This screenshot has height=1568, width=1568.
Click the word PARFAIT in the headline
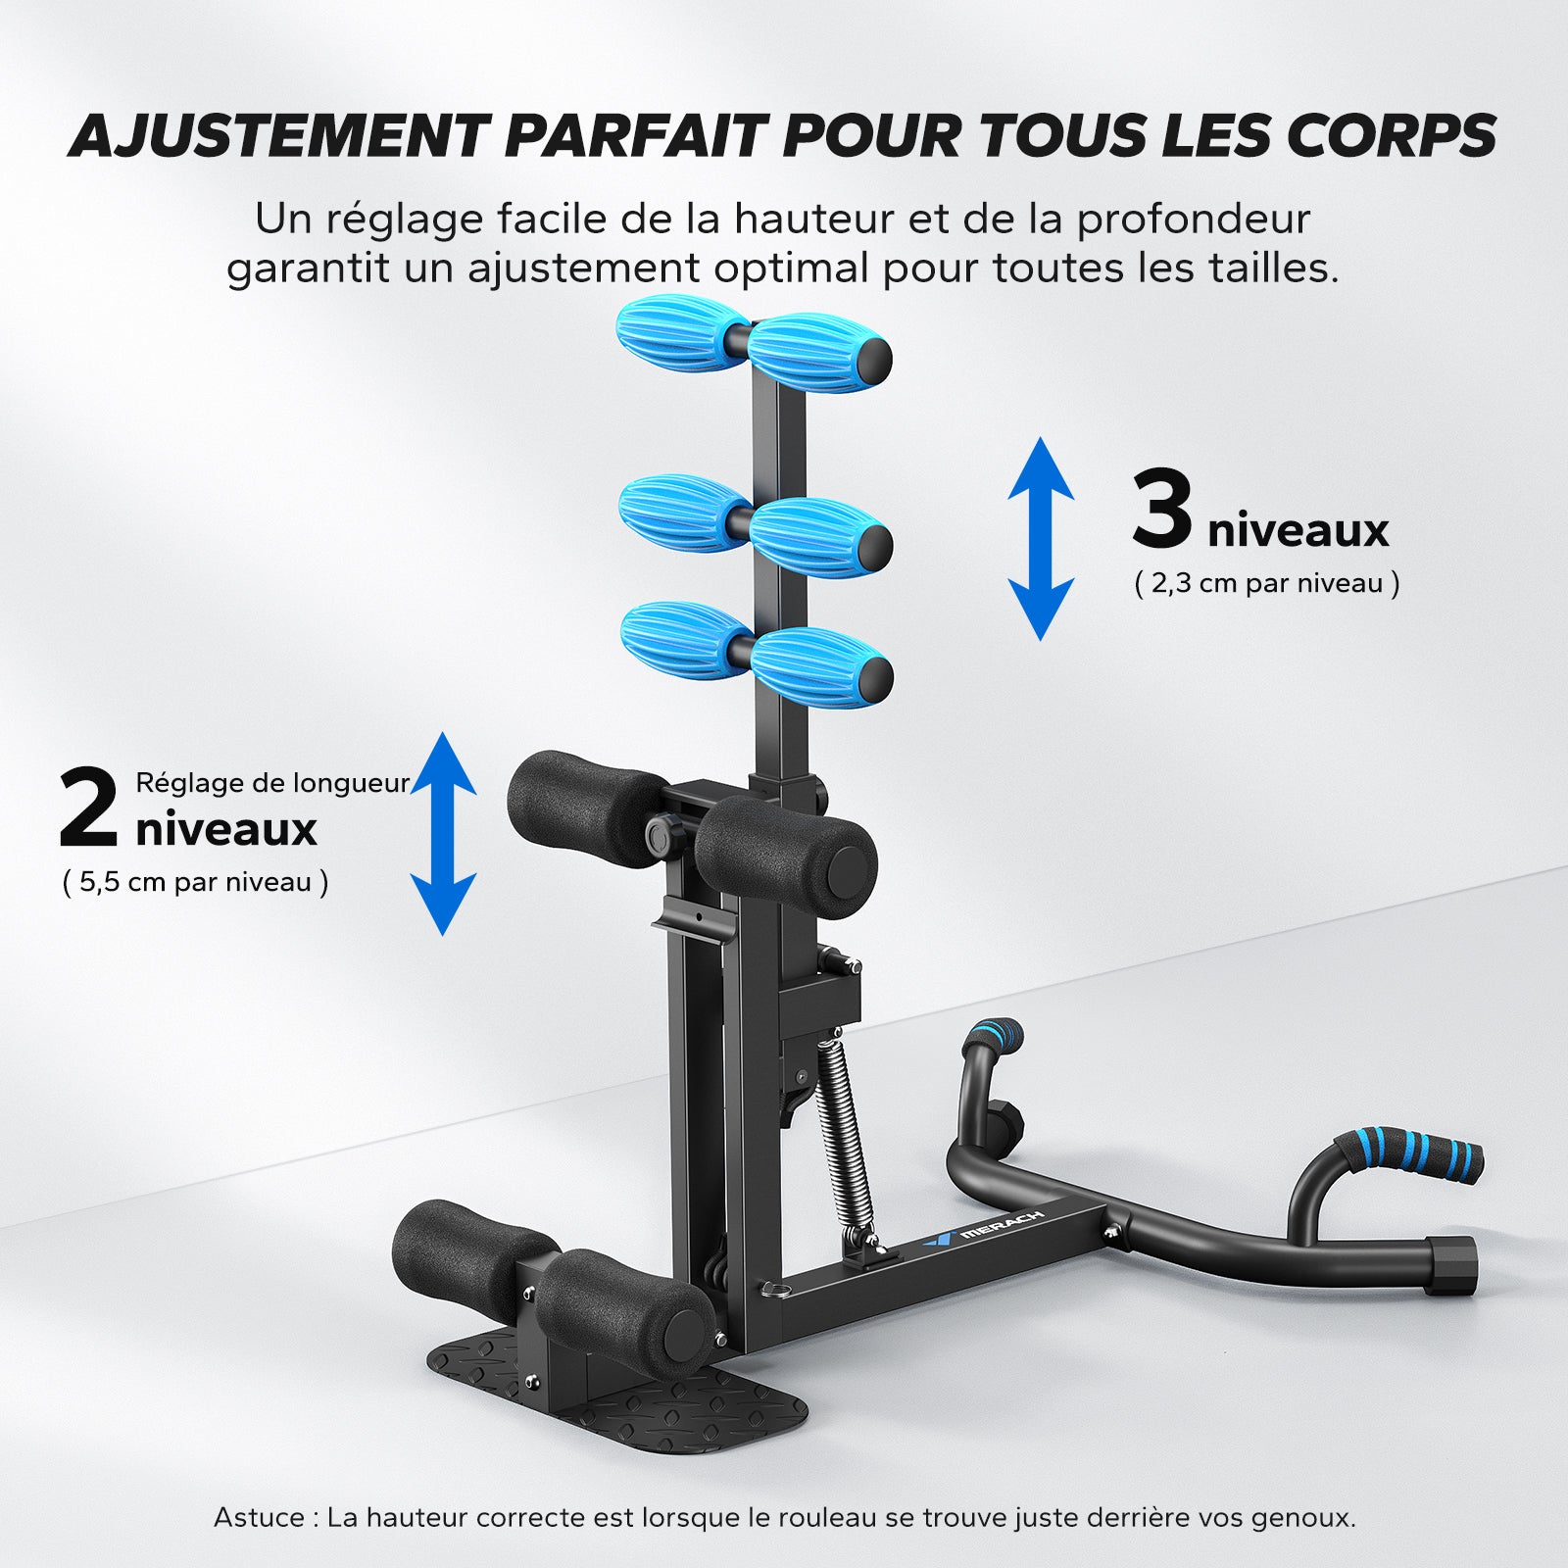[x=633, y=135]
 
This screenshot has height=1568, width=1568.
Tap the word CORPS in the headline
[x=1392, y=135]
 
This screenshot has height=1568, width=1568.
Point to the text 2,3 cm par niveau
[x=1267, y=584]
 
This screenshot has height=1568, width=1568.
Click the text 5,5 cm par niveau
[x=195, y=882]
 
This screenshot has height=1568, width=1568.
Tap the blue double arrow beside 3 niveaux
[x=1042, y=539]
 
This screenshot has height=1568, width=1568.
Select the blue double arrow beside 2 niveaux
[x=443, y=833]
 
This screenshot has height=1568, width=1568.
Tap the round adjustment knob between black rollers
[x=661, y=836]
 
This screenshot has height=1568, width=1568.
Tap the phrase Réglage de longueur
[x=272, y=783]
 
